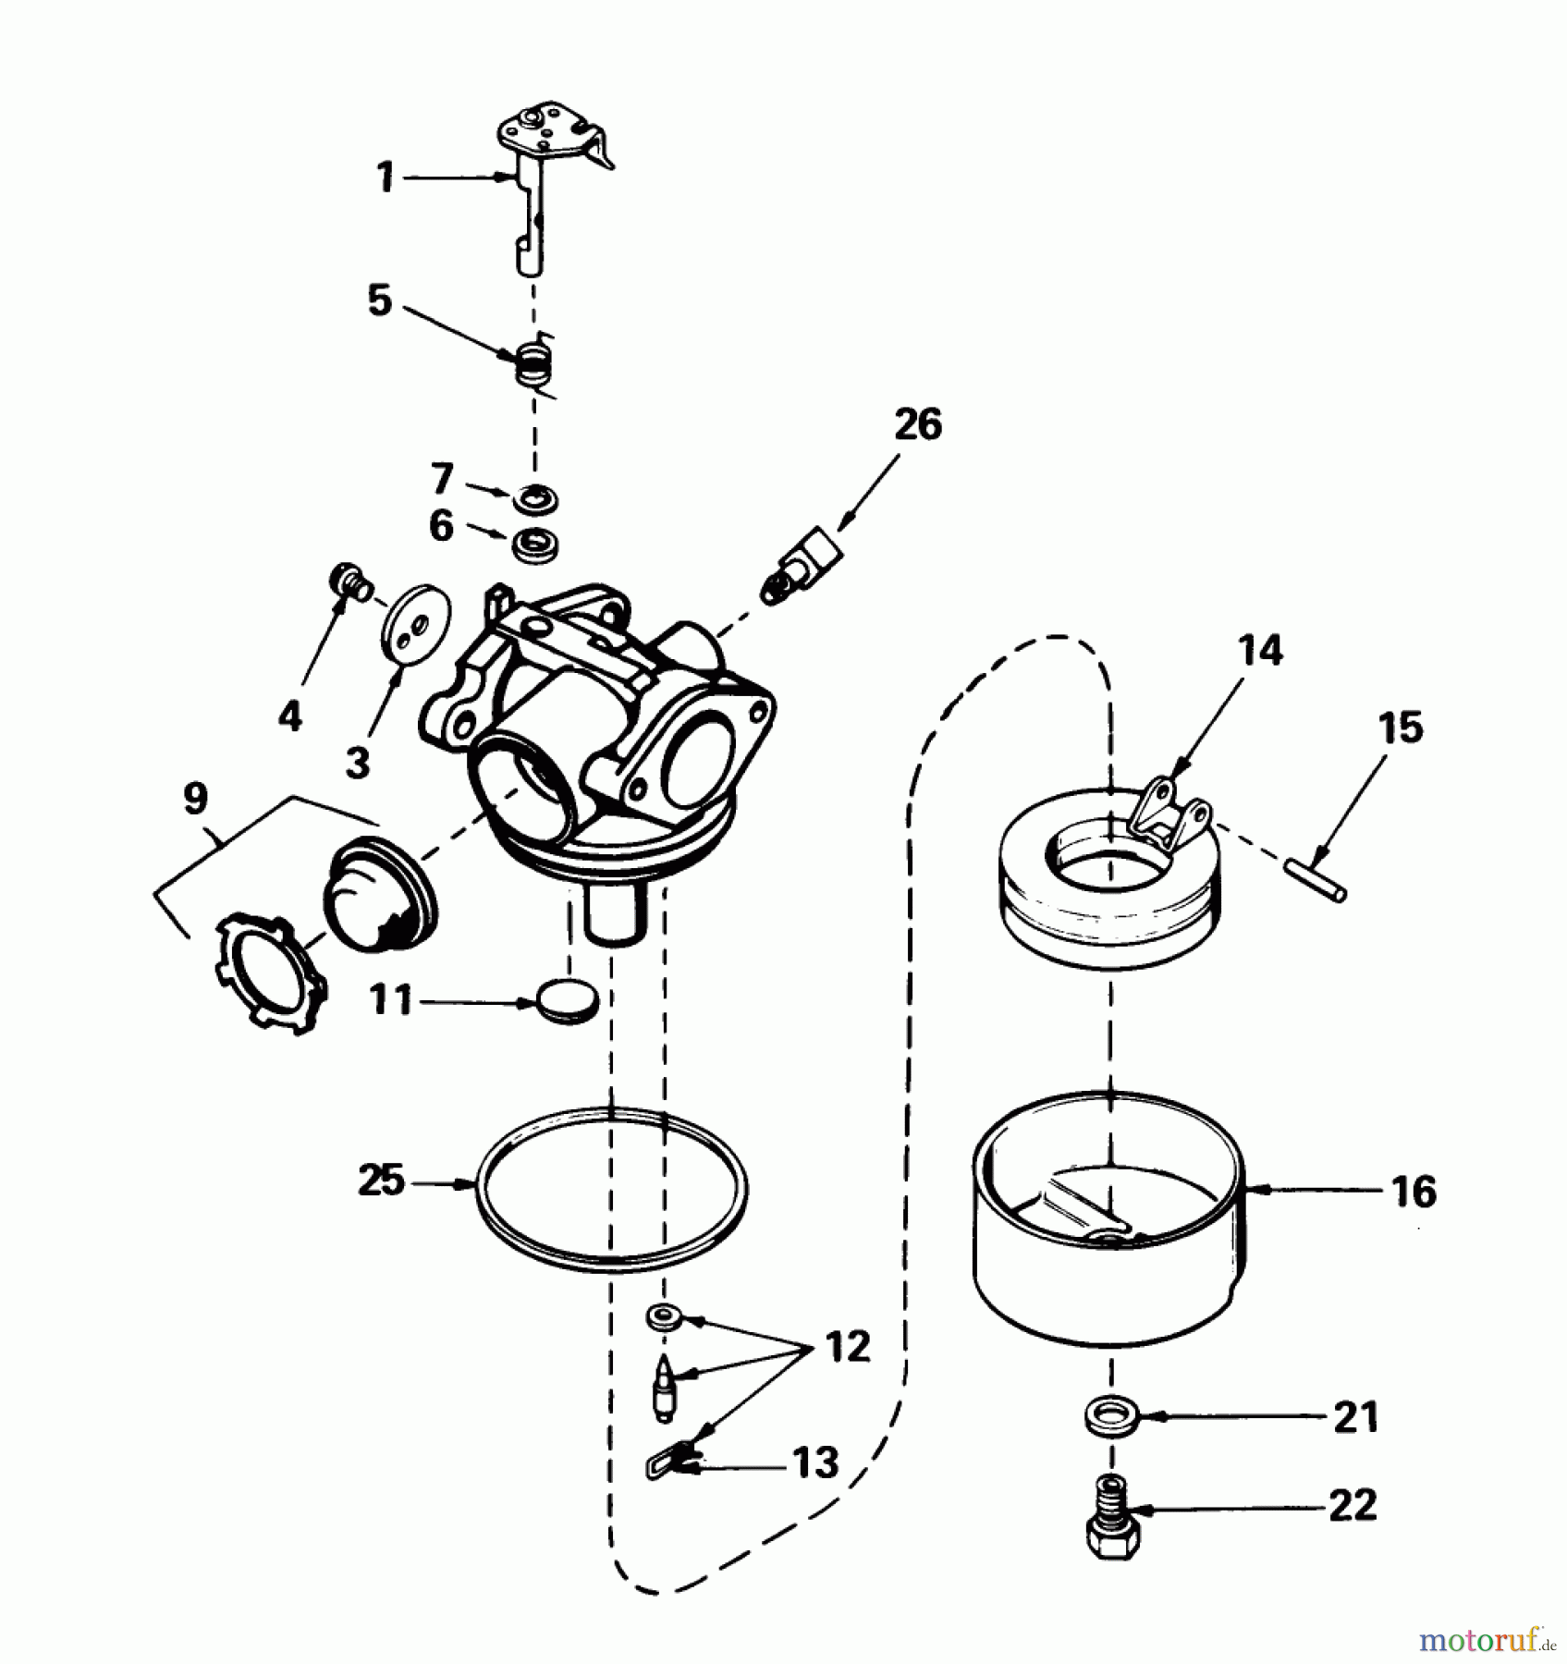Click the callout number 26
(x=917, y=424)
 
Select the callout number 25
(x=382, y=1181)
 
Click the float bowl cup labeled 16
(x=1109, y=1266)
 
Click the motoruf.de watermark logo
(x=1489, y=1638)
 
